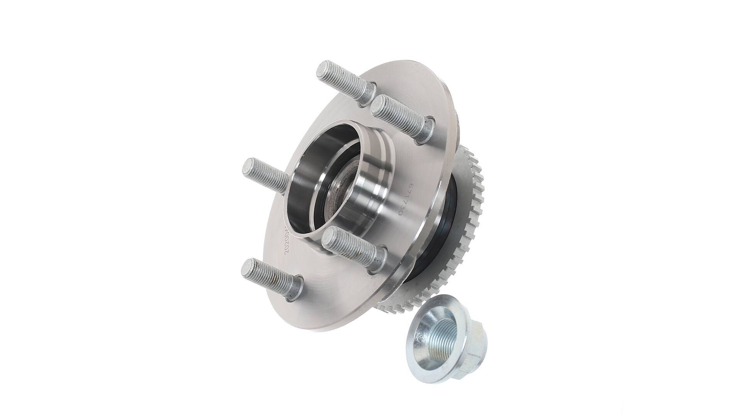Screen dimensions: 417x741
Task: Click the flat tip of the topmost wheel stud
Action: coord(322,69)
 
